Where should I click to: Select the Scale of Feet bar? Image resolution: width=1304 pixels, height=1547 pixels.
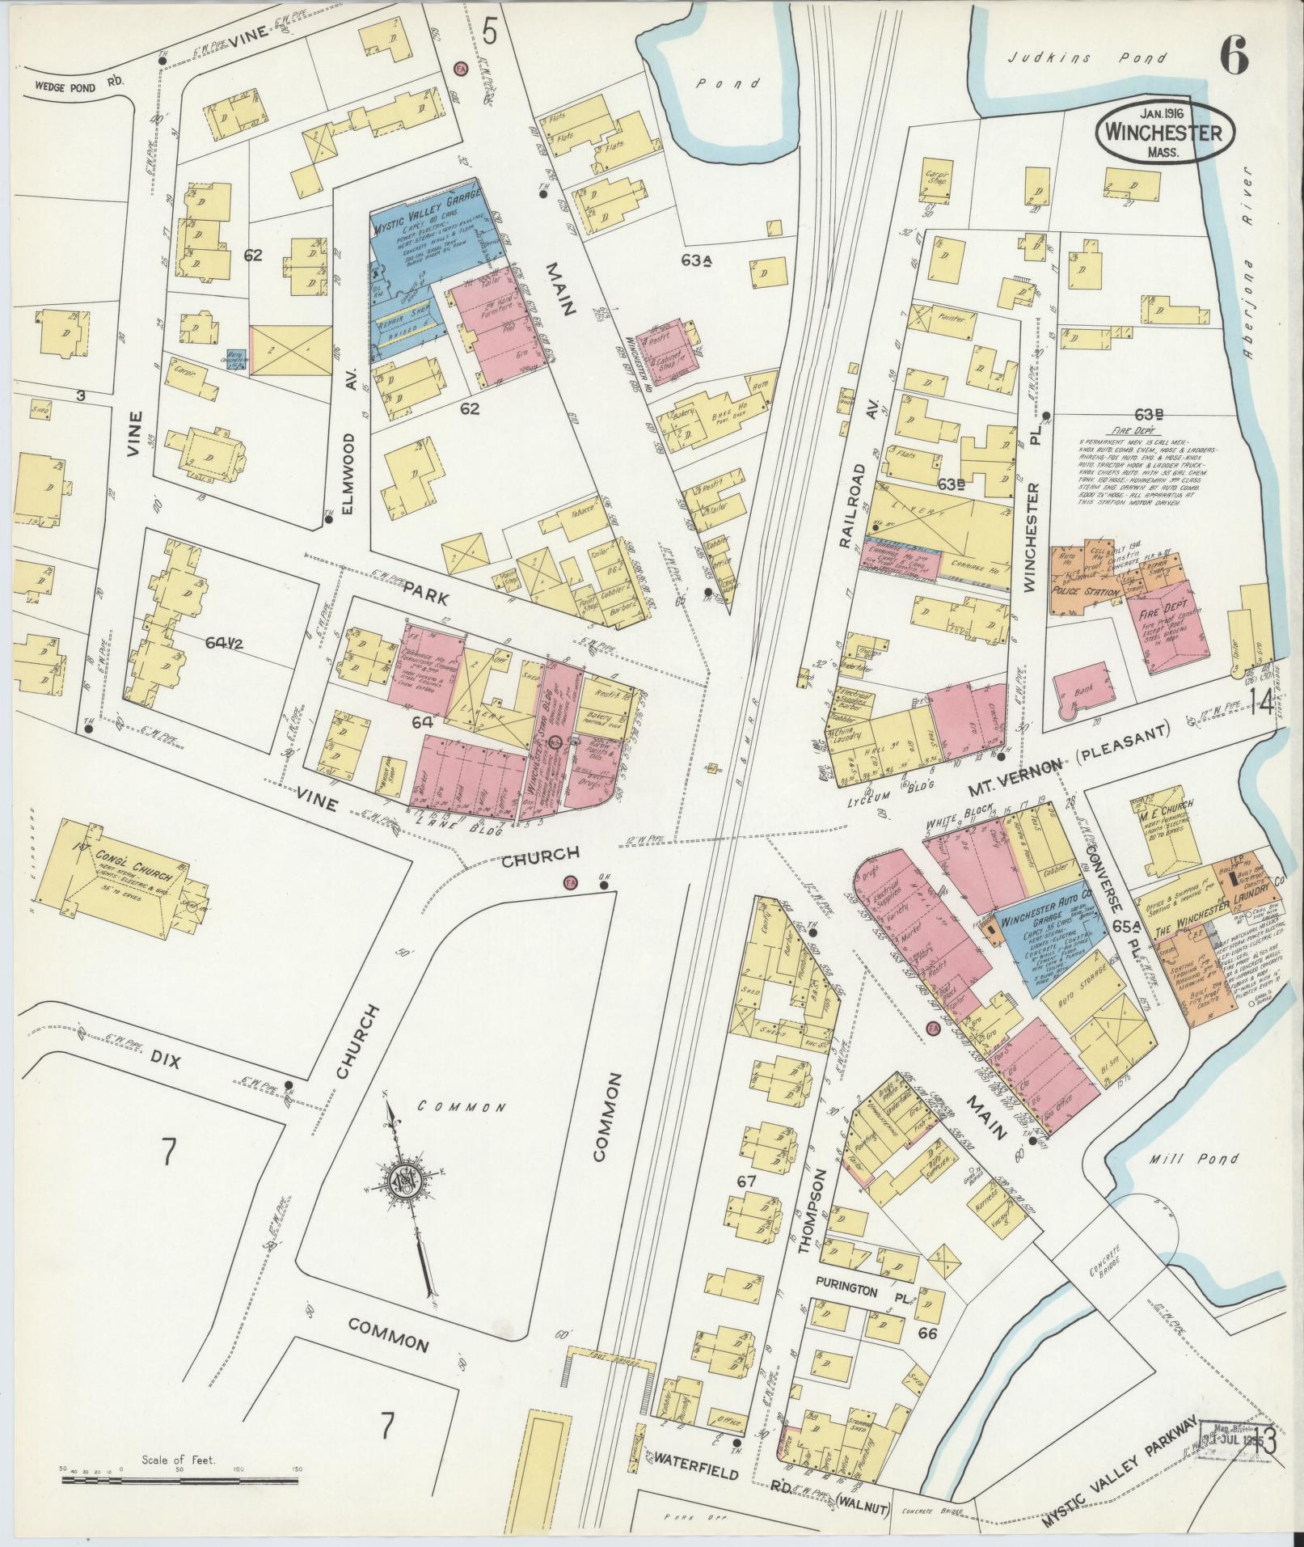pyautogui.click(x=179, y=1479)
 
